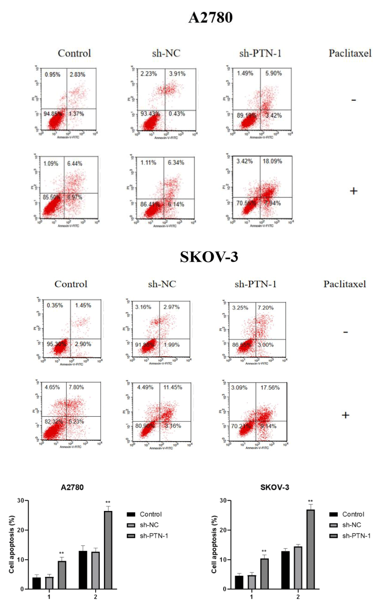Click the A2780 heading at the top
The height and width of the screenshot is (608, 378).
(210, 18)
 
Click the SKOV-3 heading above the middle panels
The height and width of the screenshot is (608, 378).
(209, 257)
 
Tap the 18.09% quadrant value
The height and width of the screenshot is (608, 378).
(272, 161)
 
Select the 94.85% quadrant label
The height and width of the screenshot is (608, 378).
(52, 114)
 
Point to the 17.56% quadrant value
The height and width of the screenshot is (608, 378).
(270, 387)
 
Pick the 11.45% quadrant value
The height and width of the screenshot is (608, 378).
(173, 387)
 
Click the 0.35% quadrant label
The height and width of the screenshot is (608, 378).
(55, 305)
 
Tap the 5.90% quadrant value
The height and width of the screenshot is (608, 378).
(273, 73)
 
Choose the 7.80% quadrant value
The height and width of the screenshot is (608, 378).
(76, 387)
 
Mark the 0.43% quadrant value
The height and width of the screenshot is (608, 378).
(177, 114)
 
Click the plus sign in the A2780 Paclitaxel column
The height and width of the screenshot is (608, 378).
(353, 191)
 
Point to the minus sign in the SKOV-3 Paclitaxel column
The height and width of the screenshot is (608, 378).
(346, 332)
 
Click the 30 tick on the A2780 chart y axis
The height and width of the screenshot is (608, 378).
(21, 500)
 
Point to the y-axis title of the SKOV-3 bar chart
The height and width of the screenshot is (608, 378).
(214, 544)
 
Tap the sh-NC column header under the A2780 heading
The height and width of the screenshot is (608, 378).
(166, 53)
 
